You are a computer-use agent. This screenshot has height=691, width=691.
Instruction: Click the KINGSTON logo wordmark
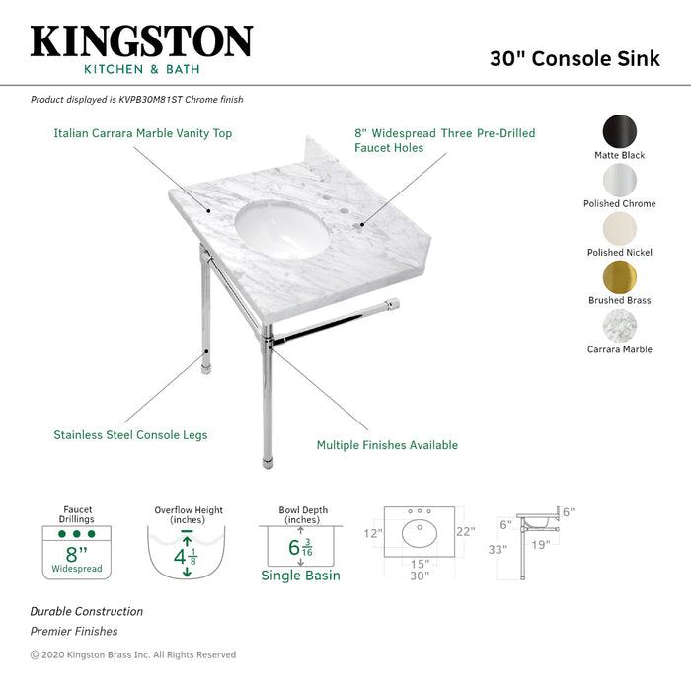141,41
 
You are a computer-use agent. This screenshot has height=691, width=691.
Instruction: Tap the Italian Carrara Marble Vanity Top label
143,132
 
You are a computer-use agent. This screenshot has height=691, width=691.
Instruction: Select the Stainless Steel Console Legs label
130,434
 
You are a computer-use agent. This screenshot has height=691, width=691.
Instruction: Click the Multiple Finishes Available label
387,445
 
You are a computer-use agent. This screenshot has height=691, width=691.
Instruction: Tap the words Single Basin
300,576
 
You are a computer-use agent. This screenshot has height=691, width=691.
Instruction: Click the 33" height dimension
497,549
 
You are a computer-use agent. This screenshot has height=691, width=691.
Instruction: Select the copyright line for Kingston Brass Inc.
133,654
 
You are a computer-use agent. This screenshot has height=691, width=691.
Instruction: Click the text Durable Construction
87,611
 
